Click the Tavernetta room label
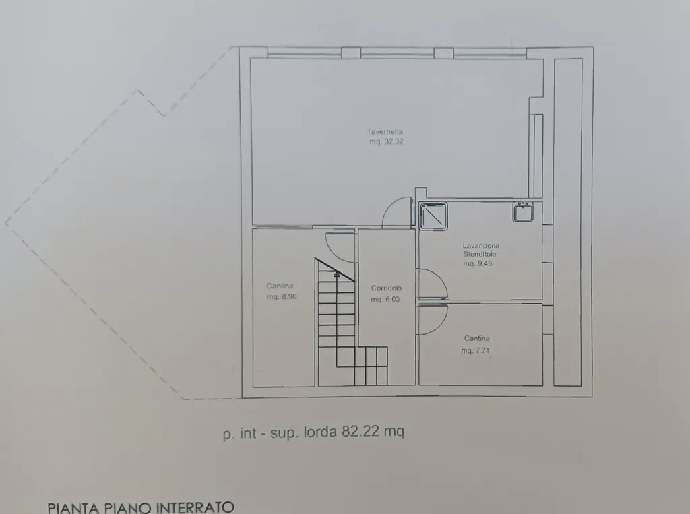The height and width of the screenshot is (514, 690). [x=385, y=131]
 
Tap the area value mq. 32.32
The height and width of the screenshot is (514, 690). [x=386, y=141]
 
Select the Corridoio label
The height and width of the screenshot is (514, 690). [x=386, y=288]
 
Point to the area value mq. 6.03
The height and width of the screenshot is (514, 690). [x=385, y=299]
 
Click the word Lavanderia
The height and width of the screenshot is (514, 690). [x=481, y=246]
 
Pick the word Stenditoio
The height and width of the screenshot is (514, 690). [x=480, y=255]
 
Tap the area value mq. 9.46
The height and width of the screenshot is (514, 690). [x=478, y=263]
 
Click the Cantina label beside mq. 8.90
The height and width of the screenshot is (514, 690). [x=280, y=286]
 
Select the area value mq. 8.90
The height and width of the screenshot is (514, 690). [x=282, y=297]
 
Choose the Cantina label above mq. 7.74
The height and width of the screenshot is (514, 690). [x=477, y=338]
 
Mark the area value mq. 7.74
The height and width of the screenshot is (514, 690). [x=475, y=351]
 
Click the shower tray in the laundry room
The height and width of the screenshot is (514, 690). [x=433, y=216]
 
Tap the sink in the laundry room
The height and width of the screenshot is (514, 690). [x=523, y=212]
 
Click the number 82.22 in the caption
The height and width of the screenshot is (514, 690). [x=360, y=431]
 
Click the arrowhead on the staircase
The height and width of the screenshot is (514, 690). [x=337, y=275]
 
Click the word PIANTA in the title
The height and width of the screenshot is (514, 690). [x=73, y=508]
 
